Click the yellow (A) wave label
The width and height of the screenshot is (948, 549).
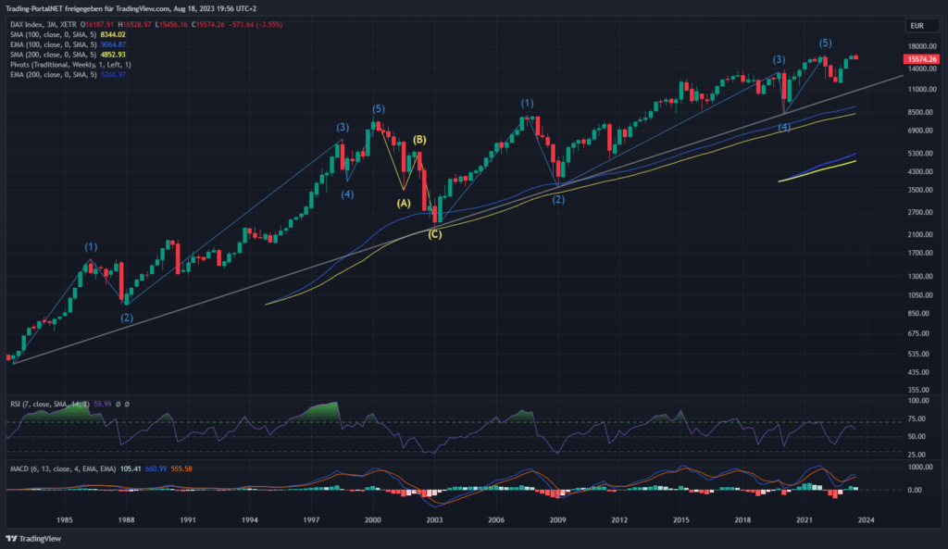point(404,202)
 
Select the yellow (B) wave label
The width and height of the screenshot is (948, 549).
point(419,140)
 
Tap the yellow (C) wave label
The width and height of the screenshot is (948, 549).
point(434,234)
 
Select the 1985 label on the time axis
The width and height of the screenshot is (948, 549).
point(64,520)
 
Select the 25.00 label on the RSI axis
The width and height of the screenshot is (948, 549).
point(919,454)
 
